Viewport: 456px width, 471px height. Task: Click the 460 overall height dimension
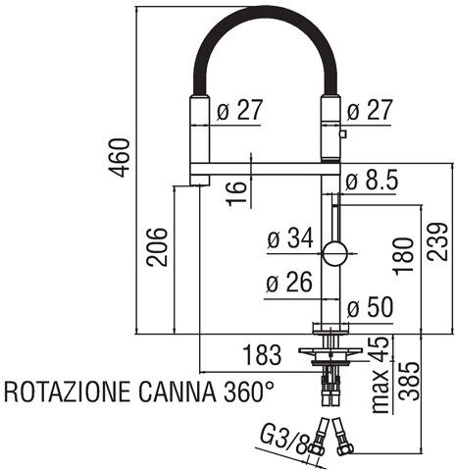pos(119,158)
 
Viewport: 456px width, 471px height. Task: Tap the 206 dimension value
pos(157,247)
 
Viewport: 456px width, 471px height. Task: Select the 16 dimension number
pos(236,193)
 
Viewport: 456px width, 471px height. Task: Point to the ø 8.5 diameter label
pos(372,180)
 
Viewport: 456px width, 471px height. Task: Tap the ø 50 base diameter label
pos(370,307)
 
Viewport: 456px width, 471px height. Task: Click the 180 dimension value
pos(403,256)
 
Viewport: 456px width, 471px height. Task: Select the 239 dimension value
pos(437,241)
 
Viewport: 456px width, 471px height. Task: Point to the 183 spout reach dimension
pos(262,355)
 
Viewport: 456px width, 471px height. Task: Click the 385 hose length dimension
pos(409,382)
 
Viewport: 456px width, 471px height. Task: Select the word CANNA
pos(177,392)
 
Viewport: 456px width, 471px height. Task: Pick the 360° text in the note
pos(249,392)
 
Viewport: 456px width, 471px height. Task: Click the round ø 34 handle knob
pos(334,253)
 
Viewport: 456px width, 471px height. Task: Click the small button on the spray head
pos(343,133)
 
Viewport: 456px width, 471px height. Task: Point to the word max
pos(380,392)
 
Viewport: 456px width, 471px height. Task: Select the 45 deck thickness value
pos(381,348)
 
